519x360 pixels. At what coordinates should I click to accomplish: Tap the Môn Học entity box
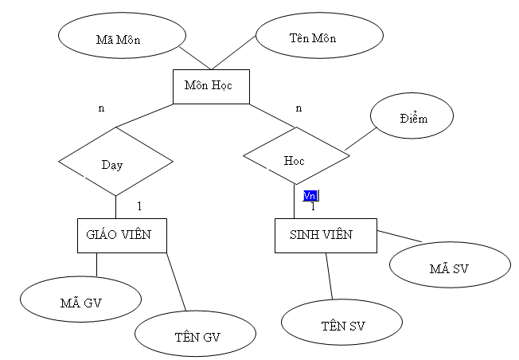tap(211, 86)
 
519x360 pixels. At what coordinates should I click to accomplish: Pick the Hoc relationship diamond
tap(295, 158)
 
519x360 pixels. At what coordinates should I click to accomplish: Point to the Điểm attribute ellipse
tap(413, 118)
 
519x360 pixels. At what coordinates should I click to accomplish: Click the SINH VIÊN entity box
tap(326, 235)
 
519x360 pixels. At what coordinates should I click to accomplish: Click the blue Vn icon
tap(310, 195)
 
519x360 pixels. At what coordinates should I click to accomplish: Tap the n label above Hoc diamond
tap(299, 108)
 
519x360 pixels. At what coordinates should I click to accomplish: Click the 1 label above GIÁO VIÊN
tap(139, 206)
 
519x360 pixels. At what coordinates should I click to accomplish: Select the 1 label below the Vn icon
tap(313, 207)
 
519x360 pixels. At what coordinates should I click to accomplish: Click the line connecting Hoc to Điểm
tap(361, 139)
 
